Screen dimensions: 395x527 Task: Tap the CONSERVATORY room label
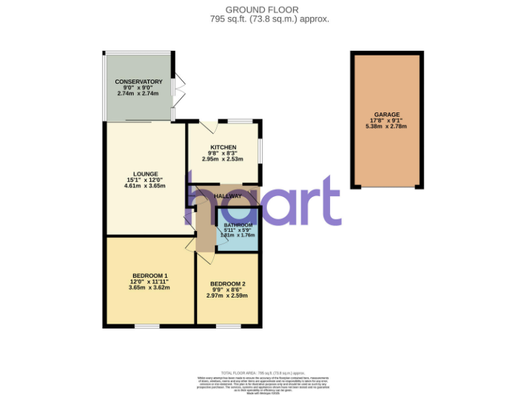[139, 82]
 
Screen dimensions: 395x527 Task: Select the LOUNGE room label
[145, 173]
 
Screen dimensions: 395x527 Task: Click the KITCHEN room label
[223, 147]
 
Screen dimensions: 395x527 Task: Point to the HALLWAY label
[227, 196]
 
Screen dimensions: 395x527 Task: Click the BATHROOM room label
[237, 225]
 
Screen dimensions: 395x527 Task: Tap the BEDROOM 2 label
[227, 284]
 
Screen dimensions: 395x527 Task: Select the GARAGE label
[386, 115]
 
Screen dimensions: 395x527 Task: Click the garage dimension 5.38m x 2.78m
[386, 126]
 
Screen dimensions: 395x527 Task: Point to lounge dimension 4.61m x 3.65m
[145, 185]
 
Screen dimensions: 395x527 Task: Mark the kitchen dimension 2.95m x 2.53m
[223, 159]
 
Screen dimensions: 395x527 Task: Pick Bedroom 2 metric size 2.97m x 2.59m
[227, 296]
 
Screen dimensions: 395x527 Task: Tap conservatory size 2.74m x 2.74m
[138, 93]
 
